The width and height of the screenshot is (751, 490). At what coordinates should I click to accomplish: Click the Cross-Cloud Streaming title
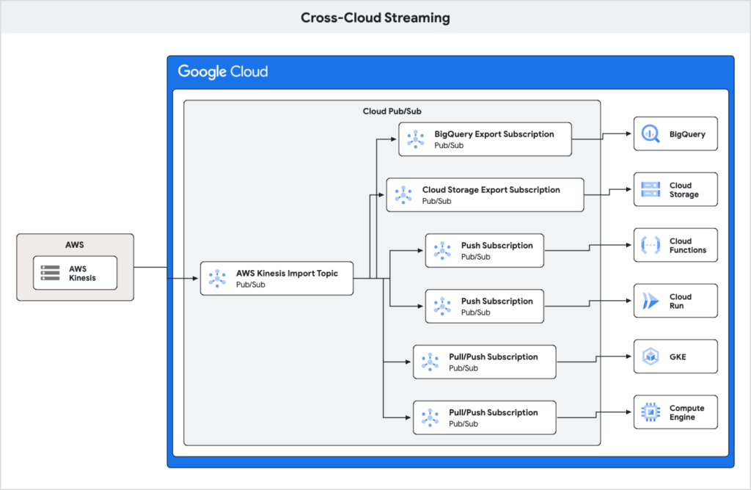(x=375, y=18)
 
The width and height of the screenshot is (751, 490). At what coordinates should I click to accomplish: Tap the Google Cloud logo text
(x=223, y=72)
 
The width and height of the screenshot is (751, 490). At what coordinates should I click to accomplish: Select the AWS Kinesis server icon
(x=50, y=273)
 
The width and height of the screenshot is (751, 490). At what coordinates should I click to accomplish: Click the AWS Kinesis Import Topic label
(x=287, y=273)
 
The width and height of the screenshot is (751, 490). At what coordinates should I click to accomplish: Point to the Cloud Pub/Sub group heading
(x=392, y=111)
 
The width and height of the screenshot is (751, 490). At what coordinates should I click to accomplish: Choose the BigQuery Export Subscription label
(x=494, y=134)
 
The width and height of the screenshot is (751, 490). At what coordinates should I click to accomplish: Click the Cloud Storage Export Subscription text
(x=491, y=190)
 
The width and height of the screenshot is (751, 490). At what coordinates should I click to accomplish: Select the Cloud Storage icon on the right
(x=651, y=190)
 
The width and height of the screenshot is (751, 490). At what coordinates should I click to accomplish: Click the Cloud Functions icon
(x=651, y=246)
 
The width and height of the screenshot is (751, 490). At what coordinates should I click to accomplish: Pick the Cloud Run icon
(x=651, y=301)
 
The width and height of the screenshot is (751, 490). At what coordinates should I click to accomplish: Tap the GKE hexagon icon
(x=651, y=357)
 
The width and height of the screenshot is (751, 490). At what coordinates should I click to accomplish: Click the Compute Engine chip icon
(x=651, y=413)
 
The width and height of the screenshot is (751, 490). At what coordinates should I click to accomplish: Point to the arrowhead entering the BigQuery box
(x=629, y=134)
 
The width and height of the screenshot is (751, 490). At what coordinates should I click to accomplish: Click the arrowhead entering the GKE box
(x=629, y=356)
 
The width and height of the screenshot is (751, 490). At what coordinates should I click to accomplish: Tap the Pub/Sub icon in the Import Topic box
(x=217, y=279)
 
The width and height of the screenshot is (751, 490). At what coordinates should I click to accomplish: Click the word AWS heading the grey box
(x=75, y=245)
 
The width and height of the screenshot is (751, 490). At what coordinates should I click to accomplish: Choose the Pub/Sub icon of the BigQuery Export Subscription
(x=416, y=139)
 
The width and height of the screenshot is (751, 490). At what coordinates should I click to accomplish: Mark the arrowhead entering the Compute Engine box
(x=629, y=412)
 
